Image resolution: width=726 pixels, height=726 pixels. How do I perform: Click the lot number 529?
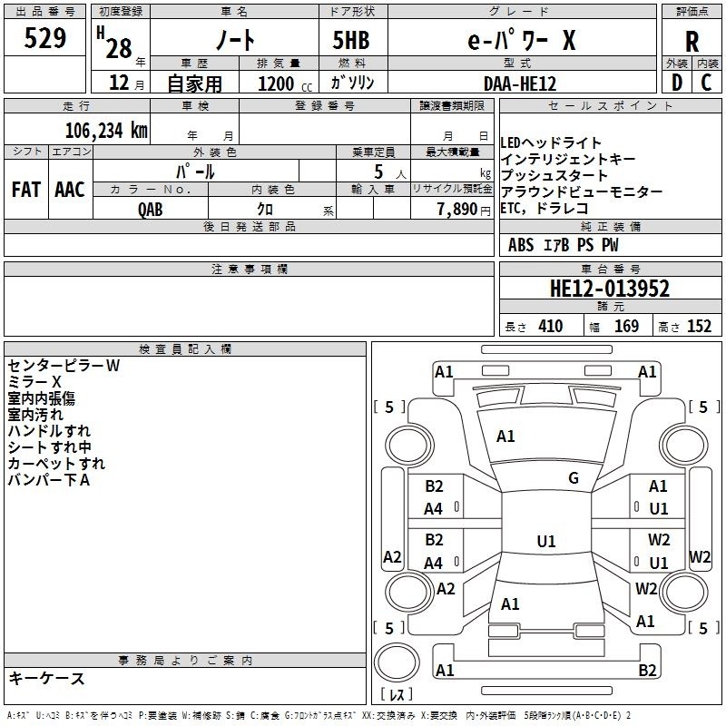click(x=44, y=37)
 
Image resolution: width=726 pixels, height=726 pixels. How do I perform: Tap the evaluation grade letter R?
click(x=692, y=42)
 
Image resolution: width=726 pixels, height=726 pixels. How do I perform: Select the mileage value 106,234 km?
click(x=106, y=131)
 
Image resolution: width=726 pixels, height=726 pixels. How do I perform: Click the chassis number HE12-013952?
click(x=610, y=288)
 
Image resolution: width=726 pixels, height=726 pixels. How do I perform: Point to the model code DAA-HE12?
click(x=520, y=83)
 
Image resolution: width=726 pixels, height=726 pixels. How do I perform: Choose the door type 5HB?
click(x=351, y=40)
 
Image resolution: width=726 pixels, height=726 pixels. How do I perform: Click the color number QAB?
click(x=151, y=210)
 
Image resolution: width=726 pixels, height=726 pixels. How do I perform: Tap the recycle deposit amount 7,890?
click(x=457, y=210)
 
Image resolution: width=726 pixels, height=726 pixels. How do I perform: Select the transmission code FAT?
click(x=26, y=190)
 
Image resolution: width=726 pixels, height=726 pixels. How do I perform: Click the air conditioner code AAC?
click(x=70, y=190)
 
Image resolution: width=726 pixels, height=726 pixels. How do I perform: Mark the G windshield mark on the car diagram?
click(x=574, y=478)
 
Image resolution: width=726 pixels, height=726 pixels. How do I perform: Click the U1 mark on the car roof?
click(x=546, y=541)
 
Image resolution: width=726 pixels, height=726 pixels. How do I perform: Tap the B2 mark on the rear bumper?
click(x=647, y=670)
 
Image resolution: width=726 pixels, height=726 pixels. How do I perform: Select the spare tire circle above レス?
click(x=397, y=662)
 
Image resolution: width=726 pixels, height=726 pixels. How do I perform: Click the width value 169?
click(x=626, y=326)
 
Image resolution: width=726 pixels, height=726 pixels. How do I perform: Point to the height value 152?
click(x=699, y=326)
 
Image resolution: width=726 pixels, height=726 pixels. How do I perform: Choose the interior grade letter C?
click(x=706, y=83)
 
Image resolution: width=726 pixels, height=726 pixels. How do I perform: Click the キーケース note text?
click(x=47, y=678)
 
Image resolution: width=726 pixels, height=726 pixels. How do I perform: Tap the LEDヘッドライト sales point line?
click(x=551, y=142)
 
